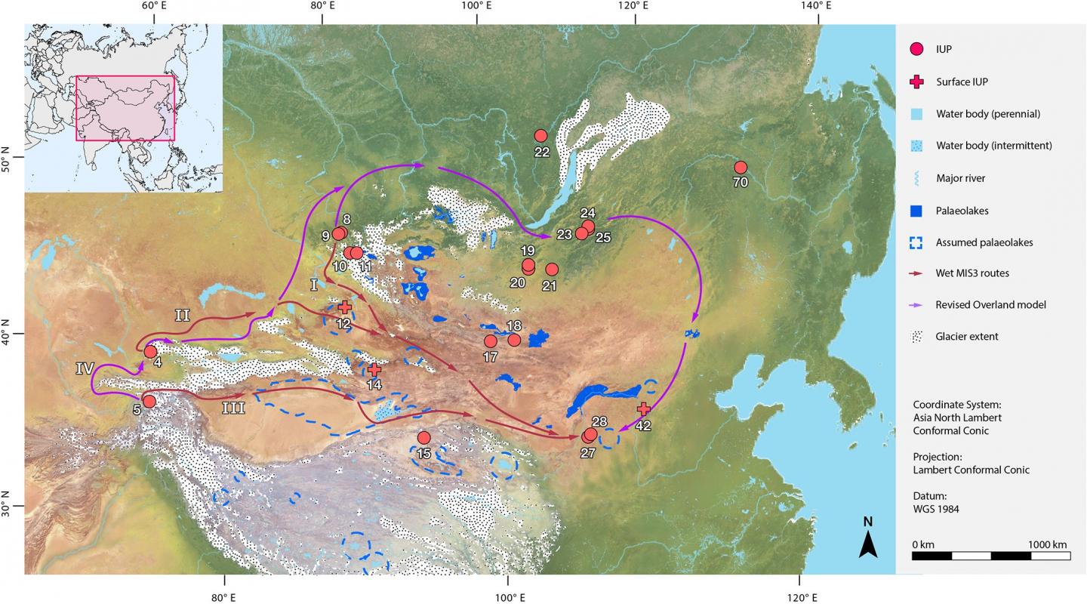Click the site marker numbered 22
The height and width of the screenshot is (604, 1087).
(540, 136)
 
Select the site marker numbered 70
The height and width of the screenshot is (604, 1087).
(741, 168)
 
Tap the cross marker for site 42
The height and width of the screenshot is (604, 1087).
(643, 408)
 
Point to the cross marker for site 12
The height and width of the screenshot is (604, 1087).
(345, 307)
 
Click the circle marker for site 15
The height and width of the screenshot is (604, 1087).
(423, 438)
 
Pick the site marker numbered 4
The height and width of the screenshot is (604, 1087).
(150, 351)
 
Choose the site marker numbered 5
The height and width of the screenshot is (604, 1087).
(149, 401)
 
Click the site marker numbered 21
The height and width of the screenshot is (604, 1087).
(552, 270)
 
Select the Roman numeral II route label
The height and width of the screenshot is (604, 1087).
(182, 316)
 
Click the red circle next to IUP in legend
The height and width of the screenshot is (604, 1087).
(917, 50)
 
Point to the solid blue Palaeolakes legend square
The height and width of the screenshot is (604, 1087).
(917, 211)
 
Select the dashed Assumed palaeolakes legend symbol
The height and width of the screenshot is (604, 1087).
(917, 242)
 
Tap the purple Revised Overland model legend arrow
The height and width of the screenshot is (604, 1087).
(917, 305)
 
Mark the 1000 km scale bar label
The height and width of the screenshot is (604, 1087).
(1048, 545)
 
